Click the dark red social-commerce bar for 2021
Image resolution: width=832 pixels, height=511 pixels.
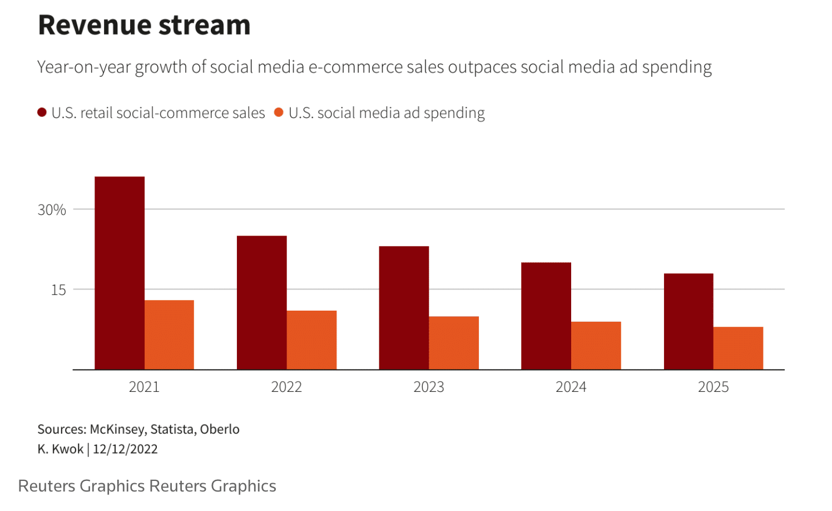120,273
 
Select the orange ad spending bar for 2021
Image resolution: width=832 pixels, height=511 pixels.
169,335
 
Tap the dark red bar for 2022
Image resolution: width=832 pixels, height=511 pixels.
261,302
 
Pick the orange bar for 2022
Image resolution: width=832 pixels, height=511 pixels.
311,340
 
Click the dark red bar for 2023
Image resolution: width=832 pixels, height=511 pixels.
404,308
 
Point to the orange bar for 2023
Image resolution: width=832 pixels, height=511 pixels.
454,343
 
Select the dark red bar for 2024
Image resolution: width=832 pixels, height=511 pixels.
546,316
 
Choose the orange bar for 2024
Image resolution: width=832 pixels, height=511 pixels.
596,345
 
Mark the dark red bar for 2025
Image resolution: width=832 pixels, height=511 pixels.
689,321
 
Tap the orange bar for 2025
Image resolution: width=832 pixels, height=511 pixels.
738,348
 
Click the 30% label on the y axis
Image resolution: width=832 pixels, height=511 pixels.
52,210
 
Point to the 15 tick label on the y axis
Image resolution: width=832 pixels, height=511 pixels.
58,290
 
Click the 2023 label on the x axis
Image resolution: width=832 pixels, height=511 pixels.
429,387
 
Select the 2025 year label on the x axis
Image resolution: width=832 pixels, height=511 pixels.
713,387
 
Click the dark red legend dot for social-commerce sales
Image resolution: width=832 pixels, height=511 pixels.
42,113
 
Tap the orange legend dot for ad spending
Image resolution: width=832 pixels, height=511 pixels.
279,113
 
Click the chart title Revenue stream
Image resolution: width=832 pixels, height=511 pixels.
144,25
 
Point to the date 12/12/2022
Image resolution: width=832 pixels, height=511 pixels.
125,449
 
